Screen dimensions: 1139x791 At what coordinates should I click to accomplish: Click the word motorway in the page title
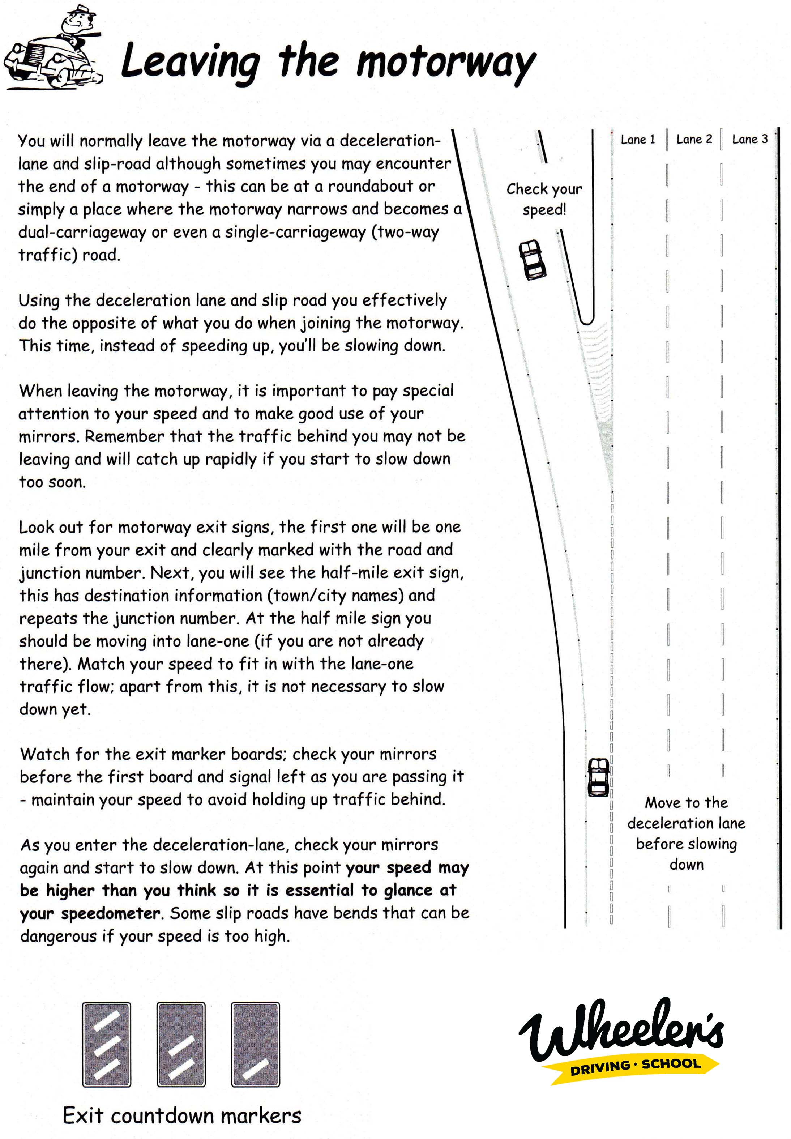coord(446,63)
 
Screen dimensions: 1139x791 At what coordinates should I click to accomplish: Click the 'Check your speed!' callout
coord(544,199)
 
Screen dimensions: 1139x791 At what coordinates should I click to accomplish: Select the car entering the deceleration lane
coord(598,777)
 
